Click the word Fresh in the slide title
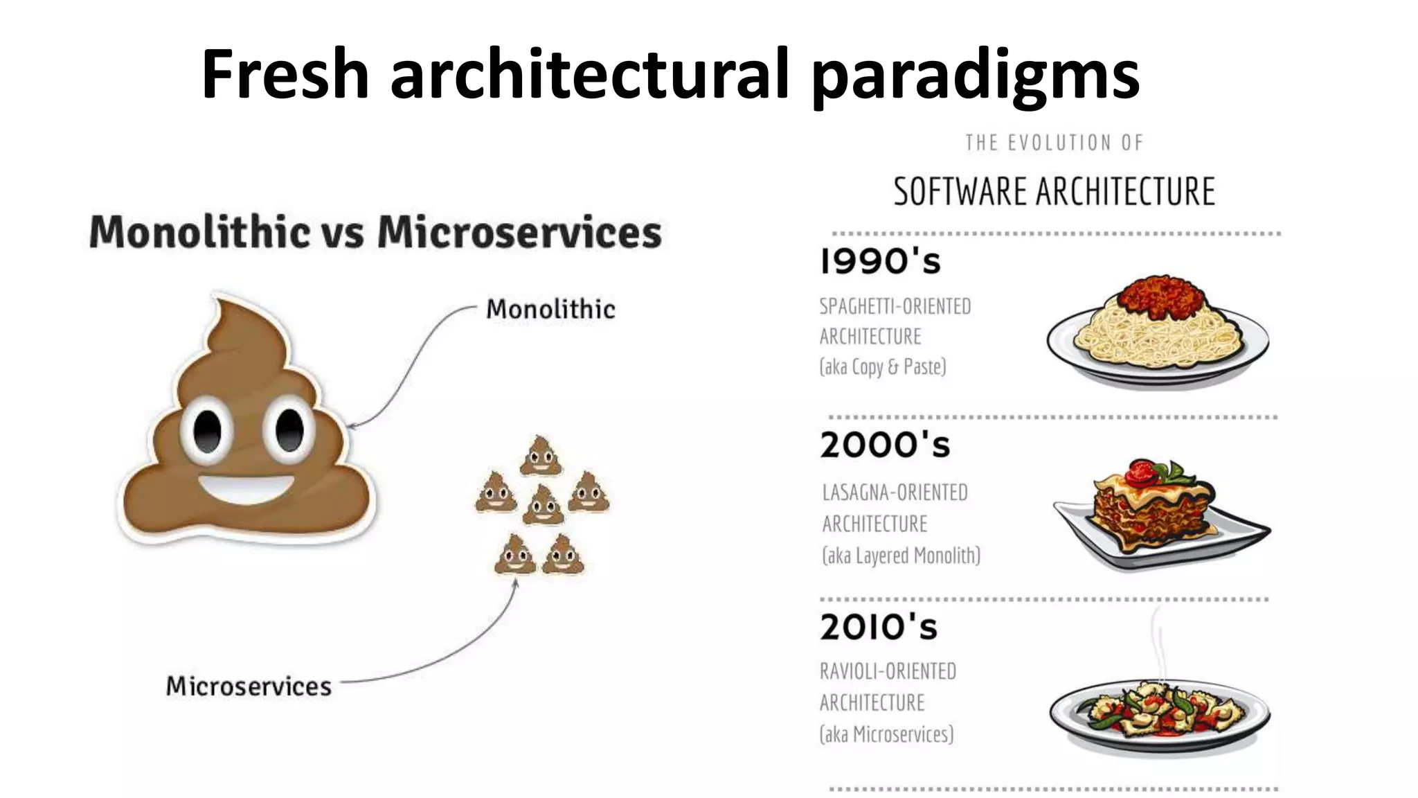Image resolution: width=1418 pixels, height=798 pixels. [x=285, y=74]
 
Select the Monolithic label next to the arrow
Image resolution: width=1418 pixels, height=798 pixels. [x=550, y=309]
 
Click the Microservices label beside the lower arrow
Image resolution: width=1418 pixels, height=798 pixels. [x=249, y=686]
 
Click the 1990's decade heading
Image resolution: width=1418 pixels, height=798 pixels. [x=880, y=262]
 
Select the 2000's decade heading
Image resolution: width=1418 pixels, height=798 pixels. [x=885, y=445]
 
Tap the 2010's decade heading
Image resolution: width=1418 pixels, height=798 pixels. [x=878, y=627]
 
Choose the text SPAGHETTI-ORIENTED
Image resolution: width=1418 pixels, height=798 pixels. [x=895, y=306]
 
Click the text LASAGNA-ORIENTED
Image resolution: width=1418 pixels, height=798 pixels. [x=895, y=493]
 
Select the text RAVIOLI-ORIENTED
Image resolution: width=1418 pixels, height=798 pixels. [x=888, y=671]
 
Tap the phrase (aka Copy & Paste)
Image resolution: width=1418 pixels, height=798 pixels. [x=882, y=366]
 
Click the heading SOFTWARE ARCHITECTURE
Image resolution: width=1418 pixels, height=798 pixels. [x=1054, y=192]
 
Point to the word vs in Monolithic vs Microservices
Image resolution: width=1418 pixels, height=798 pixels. [x=343, y=233]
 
